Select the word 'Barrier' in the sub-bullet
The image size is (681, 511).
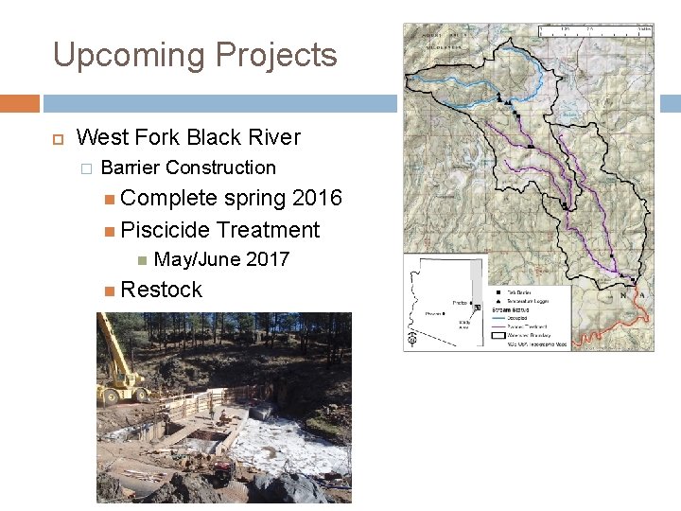pyautogui.click(x=131, y=167)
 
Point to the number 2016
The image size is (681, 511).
pyautogui.click(x=317, y=198)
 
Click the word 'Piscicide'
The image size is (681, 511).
pyautogui.click(x=166, y=229)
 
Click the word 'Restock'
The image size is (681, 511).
pyautogui.click(x=162, y=290)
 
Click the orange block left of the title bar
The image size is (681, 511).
pyautogui.click(x=19, y=103)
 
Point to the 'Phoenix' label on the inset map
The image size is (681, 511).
pyautogui.click(x=434, y=313)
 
